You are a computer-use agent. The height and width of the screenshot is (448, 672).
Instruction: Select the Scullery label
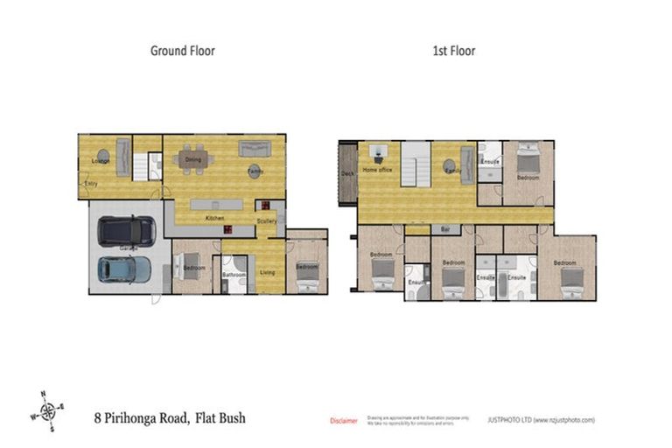click(267, 221)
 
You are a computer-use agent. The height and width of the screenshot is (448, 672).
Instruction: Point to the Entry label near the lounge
click(91, 183)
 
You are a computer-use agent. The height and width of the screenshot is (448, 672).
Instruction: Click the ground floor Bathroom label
click(234, 275)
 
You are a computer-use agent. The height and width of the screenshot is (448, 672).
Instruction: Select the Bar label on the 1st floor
click(444, 229)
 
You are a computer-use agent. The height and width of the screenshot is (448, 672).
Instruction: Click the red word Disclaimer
click(343, 421)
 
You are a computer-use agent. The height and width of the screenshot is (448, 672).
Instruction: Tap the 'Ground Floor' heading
click(182, 51)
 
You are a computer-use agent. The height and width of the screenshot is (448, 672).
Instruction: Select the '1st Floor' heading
click(453, 51)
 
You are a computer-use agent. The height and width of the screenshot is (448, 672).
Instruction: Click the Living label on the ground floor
click(267, 273)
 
